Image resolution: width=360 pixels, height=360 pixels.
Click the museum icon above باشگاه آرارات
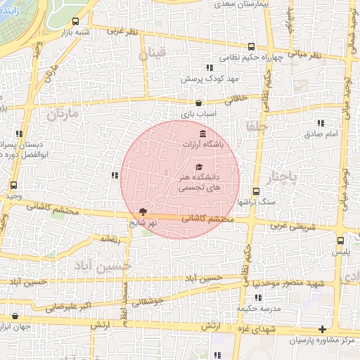click(203, 134)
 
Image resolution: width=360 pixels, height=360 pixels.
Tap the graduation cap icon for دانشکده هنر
click(199, 167)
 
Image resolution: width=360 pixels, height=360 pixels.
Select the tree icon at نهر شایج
click(143, 212)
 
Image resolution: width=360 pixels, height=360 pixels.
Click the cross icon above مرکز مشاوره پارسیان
click(322, 329)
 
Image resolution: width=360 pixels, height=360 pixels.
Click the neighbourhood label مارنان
click(63, 113)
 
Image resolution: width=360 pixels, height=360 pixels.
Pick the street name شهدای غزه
click(260, 330)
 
